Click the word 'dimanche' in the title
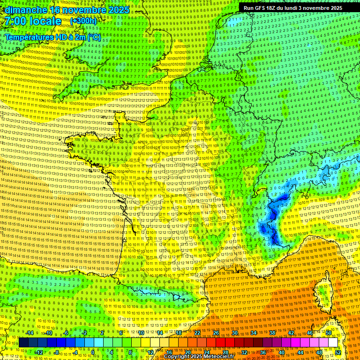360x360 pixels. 26,9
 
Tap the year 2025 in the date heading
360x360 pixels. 119,9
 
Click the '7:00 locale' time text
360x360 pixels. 33,21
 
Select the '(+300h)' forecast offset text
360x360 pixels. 83,21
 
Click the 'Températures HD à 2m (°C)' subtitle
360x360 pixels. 52,37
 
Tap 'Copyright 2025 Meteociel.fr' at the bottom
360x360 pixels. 199,357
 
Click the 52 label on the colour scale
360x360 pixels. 338,352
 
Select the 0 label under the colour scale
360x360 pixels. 93,352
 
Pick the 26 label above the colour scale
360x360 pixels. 216,333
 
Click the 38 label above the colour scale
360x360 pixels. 272,333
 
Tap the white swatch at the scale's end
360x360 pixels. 333,343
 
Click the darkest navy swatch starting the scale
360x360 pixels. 23,343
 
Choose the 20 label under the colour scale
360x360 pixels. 187,352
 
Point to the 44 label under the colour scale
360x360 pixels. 300,352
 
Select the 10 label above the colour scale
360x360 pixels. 141,333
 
